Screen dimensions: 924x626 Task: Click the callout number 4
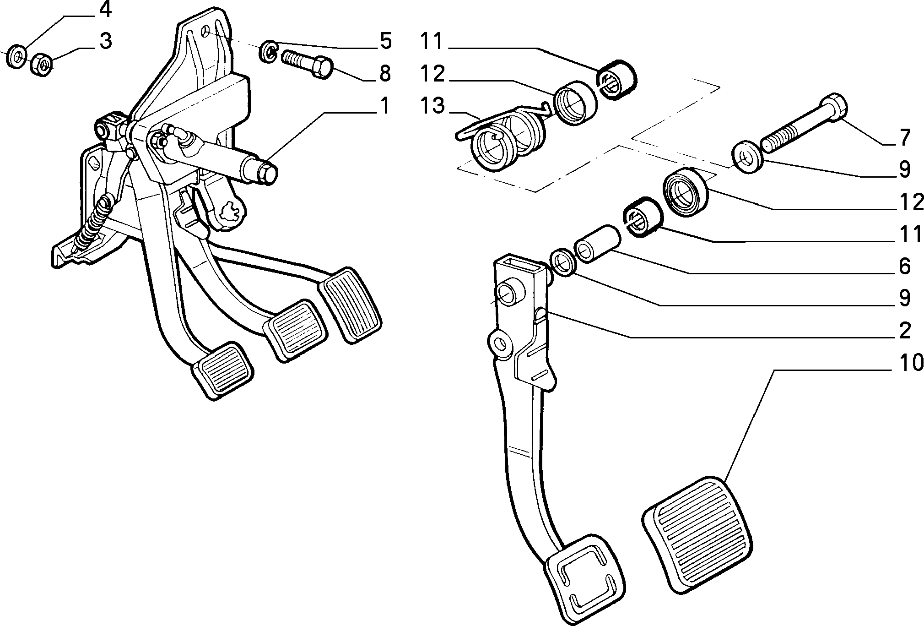pyautogui.click(x=105, y=10)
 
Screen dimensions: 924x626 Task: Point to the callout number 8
pyautogui.click(x=385, y=73)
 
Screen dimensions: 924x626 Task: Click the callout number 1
pyautogui.click(x=385, y=106)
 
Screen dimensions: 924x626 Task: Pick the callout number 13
pyautogui.click(x=432, y=106)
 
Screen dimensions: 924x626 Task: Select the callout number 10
pyautogui.click(x=899, y=363)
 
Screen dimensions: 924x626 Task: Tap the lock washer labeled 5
pyautogui.click(x=269, y=51)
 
